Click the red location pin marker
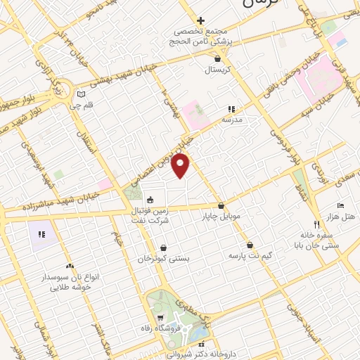pos(181,167)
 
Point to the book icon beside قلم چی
pos(81,94)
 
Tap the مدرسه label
pos(232,120)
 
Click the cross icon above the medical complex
pos(200,21)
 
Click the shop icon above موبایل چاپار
pos(222,206)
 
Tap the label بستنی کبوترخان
pos(163,259)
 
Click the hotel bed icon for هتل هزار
pos(341,205)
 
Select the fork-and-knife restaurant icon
pos(316,225)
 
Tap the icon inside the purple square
pos(41,233)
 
